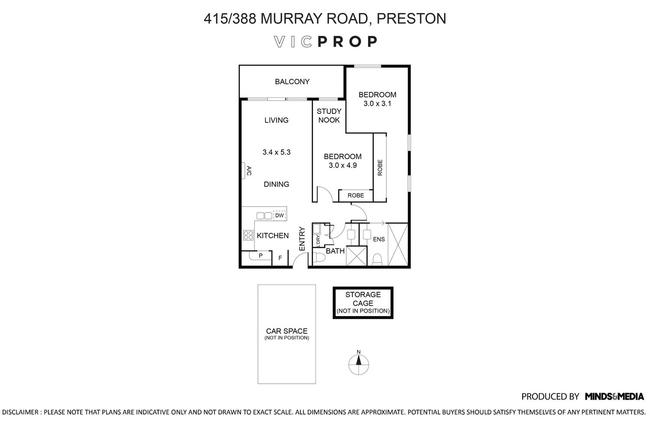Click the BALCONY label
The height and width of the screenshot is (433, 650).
click(292, 81)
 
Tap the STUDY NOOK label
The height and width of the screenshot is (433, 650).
click(329, 116)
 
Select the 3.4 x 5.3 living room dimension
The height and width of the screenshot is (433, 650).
click(276, 152)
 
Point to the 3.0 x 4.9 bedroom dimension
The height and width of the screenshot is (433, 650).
click(342, 165)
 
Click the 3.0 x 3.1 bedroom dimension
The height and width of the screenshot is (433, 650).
click(377, 103)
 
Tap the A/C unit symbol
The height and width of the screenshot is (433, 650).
click(246, 171)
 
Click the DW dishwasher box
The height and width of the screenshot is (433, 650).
click(279, 216)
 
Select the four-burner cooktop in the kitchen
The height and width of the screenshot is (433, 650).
click(248, 235)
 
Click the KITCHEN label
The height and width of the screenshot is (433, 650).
click(273, 236)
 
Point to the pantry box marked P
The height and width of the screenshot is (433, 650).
click(260, 255)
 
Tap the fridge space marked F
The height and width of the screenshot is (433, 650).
click(280, 258)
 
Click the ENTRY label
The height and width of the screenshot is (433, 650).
click(302, 239)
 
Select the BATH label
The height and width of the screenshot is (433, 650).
click(335, 251)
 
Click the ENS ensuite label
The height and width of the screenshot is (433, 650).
click(379, 239)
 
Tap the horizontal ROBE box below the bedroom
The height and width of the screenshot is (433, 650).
click(356, 195)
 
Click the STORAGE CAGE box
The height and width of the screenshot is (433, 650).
click(363, 303)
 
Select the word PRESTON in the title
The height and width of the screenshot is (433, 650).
click(411, 19)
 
